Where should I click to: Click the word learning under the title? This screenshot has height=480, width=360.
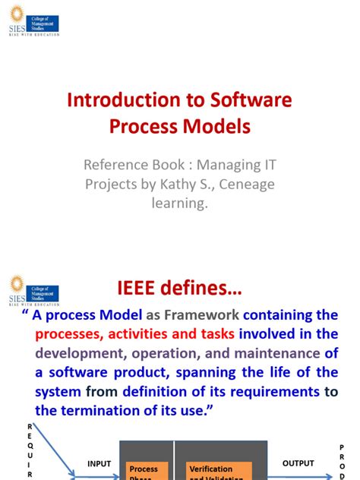179,204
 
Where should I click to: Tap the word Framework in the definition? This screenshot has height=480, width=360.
201,315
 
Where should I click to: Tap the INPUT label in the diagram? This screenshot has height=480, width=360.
99,463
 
